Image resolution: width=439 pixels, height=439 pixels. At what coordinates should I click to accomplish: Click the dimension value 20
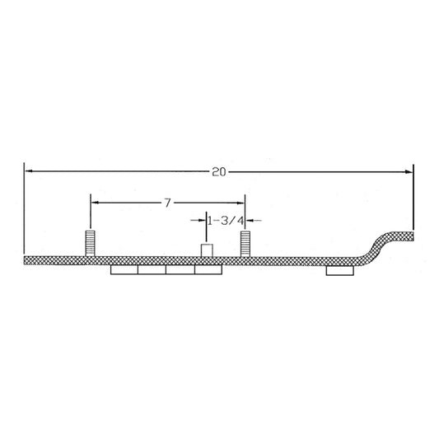tap(218, 171)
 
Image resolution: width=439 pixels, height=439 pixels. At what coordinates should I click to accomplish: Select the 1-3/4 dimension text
tap(223, 220)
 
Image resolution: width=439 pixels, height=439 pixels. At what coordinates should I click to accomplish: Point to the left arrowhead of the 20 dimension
tap(28, 171)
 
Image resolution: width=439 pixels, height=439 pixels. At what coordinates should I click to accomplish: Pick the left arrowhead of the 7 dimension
tap(93, 202)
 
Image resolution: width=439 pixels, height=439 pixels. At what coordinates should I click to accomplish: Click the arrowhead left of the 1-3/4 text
tap(203, 220)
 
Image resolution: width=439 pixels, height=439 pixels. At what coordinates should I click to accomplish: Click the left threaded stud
tap(90, 245)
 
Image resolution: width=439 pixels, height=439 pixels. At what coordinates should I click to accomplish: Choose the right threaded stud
tap(245, 245)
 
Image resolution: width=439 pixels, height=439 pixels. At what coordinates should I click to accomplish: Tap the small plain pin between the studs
tap(208, 250)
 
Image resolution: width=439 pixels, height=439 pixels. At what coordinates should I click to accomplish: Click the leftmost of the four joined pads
tap(124, 270)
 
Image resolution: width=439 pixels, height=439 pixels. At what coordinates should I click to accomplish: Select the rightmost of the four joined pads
tap(208, 270)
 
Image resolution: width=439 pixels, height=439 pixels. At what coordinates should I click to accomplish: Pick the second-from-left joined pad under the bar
tap(152, 270)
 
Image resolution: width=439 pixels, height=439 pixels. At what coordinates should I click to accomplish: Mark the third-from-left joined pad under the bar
tap(180, 270)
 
